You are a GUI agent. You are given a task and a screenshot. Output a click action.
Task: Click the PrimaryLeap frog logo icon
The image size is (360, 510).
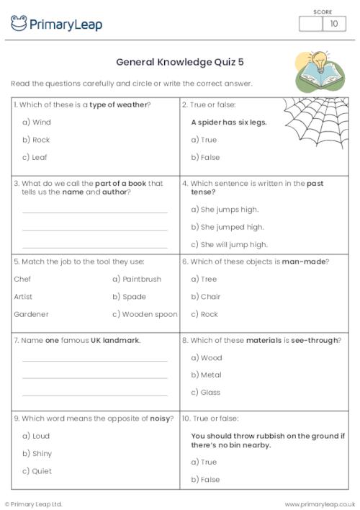tap(19, 24)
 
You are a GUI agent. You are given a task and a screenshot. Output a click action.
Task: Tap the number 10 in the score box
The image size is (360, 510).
tap(333, 24)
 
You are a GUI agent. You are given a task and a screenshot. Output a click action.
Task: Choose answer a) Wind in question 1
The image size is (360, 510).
tap(37, 122)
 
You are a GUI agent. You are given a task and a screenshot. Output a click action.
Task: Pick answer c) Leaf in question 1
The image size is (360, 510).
tap(35, 157)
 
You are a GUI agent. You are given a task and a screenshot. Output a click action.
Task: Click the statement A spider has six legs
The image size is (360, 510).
tap(228, 122)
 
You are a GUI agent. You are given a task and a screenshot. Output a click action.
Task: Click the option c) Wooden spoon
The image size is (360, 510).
tap(145, 314)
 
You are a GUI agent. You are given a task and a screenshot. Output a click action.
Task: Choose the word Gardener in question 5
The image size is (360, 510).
tap(31, 314)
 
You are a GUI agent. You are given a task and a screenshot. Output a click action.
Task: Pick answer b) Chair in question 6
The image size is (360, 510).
tap(206, 297)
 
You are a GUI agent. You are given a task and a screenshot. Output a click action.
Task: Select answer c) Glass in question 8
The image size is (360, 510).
tap(206, 393)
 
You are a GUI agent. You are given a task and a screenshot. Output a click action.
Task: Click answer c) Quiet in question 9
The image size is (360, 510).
tap(37, 471)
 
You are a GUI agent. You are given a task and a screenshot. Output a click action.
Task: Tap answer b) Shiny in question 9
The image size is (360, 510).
tap(37, 453)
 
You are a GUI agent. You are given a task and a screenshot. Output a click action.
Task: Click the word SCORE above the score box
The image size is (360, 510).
tap(323, 11)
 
